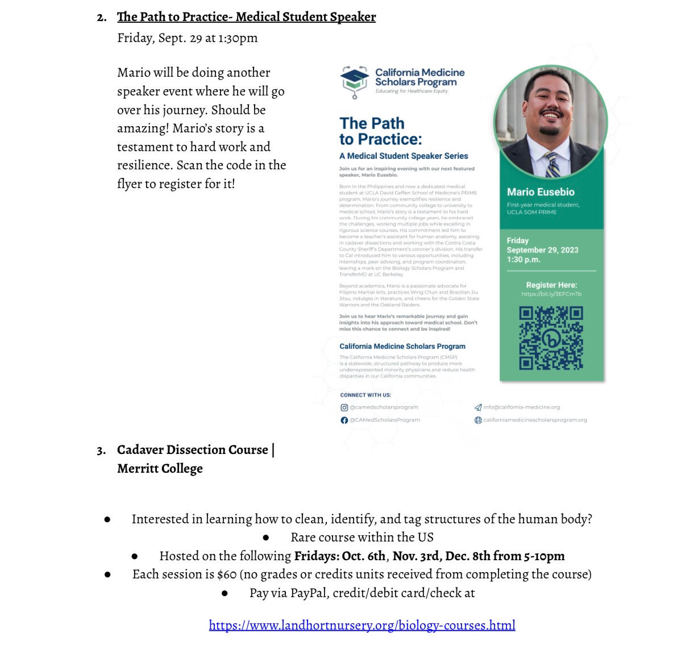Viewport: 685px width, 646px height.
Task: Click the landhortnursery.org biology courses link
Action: (x=362, y=626)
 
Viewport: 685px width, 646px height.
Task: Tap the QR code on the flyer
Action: (x=551, y=338)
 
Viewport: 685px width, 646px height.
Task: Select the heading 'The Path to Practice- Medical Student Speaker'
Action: (x=246, y=17)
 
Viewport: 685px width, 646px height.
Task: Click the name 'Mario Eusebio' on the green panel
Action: (x=541, y=192)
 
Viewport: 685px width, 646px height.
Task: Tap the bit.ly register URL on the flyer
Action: (x=551, y=294)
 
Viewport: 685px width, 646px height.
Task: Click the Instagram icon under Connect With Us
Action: (x=344, y=407)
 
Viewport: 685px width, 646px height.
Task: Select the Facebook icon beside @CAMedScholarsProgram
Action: (x=344, y=420)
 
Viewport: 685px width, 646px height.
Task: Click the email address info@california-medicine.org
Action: (x=521, y=407)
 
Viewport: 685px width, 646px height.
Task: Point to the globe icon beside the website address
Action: (x=478, y=420)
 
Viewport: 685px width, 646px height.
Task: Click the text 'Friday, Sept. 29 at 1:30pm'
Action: (x=187, y=38)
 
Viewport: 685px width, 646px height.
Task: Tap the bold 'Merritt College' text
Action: (x=160, y=469)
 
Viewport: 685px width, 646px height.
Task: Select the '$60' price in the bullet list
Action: (x=227, y=574)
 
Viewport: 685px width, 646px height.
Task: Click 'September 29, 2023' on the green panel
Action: (x=542, y=250)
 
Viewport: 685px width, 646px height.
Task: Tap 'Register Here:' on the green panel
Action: (x=551, y=285)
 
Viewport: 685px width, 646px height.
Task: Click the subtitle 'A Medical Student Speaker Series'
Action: (x=404, y=156)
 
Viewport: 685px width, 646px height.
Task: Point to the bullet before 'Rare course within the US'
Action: (x=266, y=537)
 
